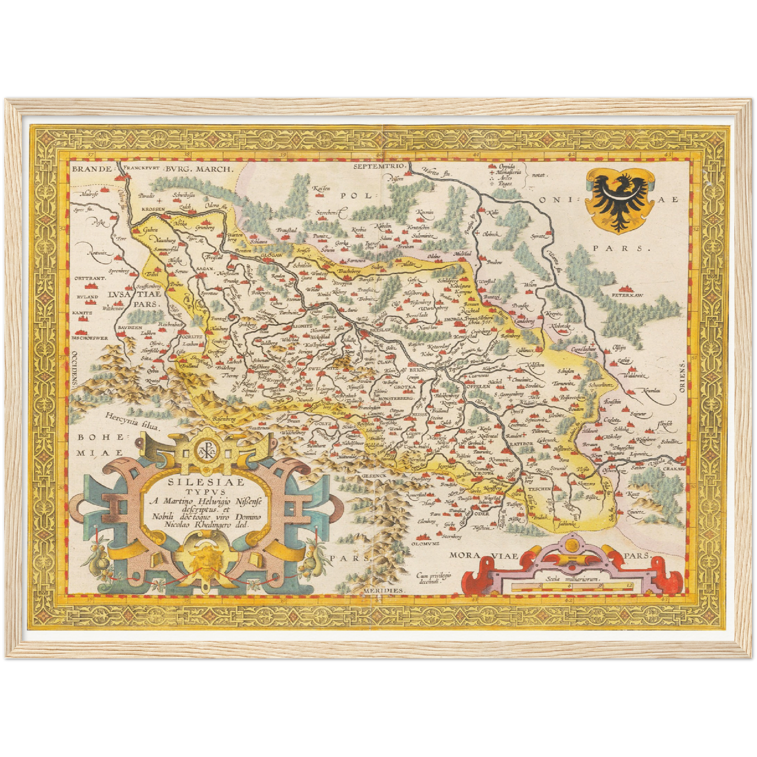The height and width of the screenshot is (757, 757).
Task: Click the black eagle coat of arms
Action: click(620, 200)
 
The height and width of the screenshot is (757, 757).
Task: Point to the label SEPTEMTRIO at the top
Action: click(380, 166)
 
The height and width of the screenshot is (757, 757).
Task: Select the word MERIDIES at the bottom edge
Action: click(384, 590)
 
